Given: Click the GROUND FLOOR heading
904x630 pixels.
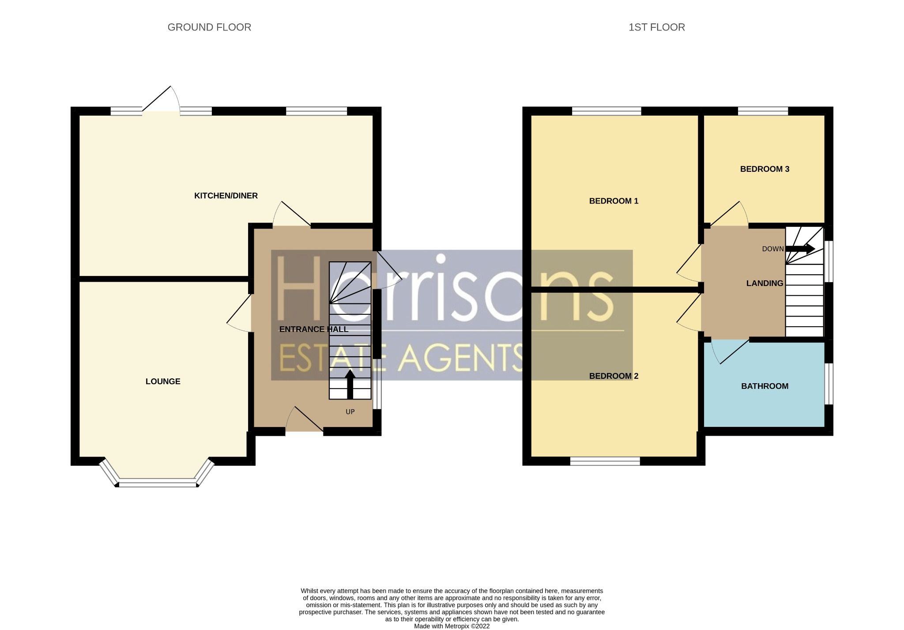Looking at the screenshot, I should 209,27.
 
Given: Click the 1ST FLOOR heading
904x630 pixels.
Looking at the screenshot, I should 656,27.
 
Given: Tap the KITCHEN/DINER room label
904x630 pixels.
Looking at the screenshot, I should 226,196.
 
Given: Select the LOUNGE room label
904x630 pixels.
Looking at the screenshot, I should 163,381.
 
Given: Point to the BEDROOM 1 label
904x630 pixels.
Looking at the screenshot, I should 614,201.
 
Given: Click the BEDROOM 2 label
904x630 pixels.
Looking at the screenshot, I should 614,376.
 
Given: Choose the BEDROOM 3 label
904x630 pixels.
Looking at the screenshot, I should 765,169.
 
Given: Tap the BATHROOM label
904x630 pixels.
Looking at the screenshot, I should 765,386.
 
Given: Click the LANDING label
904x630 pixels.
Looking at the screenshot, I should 765,283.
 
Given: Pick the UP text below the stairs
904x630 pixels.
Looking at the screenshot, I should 350,412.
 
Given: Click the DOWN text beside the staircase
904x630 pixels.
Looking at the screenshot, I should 772,249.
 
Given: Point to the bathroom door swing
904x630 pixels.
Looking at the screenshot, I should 728,351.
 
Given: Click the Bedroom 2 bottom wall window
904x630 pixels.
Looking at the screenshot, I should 605,461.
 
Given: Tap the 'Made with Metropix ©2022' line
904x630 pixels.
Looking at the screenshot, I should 452,626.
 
